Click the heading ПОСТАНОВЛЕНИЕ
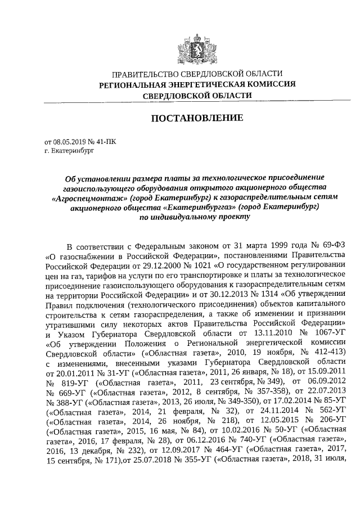coord(196,119)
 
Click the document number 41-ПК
coord(110,143)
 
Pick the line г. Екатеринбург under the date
coord(68,151)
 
